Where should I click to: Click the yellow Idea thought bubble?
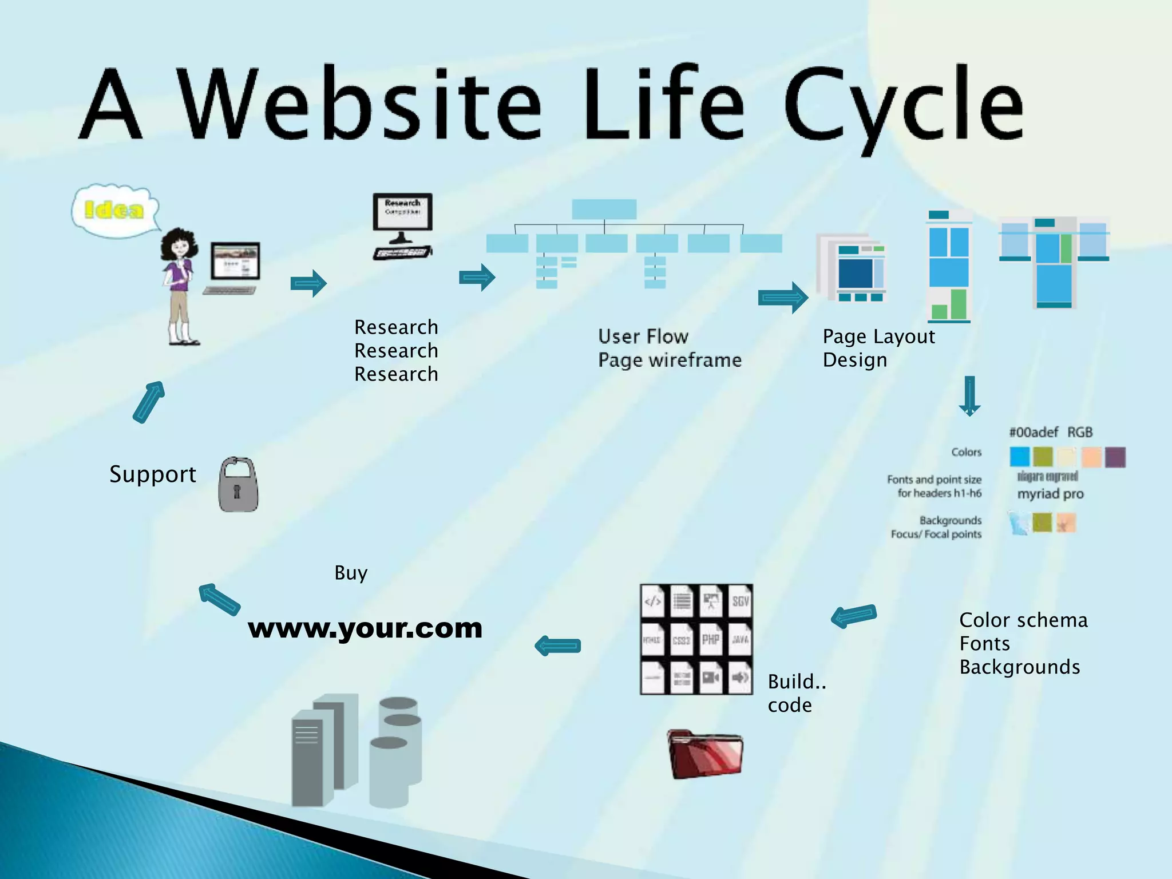tap(114, 210)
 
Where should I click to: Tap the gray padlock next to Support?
tap(238, 485)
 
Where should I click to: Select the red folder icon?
tap(705, 754)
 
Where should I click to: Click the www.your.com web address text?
tap(365, 628)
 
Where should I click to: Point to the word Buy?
tap(350, 573)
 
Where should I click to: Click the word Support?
tap(152, 474)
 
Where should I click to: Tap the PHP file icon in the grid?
tap(710, 639)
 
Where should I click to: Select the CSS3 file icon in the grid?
tap(681, 639)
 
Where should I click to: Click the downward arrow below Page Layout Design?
tap(969, 395)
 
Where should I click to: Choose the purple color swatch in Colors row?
tap(1115, 457)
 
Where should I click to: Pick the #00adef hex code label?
tap(1034, 432)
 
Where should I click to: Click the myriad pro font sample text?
tap(1050, 494)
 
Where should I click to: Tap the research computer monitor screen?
tap(403, 211)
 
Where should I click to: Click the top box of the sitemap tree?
tap(604, 209)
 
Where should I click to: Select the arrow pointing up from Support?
tap(149, 402)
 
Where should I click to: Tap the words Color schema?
tap(1023, 620)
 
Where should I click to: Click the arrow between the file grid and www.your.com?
tap(558, 646)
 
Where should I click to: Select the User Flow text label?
tap(643, 336)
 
